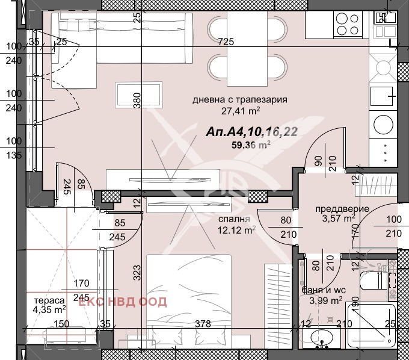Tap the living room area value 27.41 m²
[x=240, y=111]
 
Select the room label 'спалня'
[x=231, y=220]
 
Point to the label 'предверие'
[x=342, y=209]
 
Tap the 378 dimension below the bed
[x=203, y=324]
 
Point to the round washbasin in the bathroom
[x=325, y=337]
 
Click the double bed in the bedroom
[x=189, y=295]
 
